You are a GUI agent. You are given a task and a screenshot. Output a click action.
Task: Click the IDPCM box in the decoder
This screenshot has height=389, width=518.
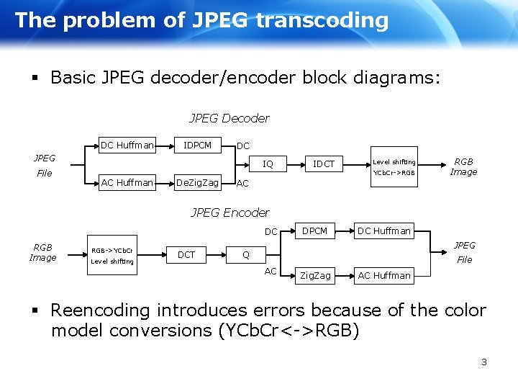coord(198,146)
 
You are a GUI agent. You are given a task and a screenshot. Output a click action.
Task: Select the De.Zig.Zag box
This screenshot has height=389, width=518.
coord(198,183)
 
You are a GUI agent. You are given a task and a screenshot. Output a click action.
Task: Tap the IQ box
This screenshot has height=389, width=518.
coord(268,164)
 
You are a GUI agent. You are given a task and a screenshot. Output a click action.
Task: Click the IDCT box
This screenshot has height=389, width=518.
coord(324,164)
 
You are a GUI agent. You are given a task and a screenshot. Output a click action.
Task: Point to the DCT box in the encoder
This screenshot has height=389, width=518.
coord(186,254)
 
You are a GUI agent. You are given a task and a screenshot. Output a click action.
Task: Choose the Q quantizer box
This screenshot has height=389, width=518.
coord(246,254)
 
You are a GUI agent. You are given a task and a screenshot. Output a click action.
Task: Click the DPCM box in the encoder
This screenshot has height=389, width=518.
coord(314,231)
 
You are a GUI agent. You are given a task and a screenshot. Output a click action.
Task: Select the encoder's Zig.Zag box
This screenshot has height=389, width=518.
coord(315,275)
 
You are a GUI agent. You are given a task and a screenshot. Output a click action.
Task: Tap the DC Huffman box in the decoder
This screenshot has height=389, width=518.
coord(127,146)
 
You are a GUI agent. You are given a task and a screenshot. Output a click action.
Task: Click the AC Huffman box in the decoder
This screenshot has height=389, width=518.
coord(127,183)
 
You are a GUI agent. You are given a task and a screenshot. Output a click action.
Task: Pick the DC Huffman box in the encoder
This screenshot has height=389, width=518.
coord(384,231)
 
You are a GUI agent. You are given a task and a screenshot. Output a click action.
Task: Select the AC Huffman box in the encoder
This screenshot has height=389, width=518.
coord(384,275)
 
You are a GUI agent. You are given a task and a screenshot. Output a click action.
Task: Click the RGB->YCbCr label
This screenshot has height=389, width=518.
coord(112,250)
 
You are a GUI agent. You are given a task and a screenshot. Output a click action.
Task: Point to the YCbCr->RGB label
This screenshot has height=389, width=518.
coord(394,173)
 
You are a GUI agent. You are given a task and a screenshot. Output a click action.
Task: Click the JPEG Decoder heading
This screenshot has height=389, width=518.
coord(230,118)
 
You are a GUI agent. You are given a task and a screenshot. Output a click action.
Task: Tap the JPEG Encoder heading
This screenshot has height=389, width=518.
coord(230,213)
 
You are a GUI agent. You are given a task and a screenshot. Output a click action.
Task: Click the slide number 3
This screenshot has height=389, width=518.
coord(484,362)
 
